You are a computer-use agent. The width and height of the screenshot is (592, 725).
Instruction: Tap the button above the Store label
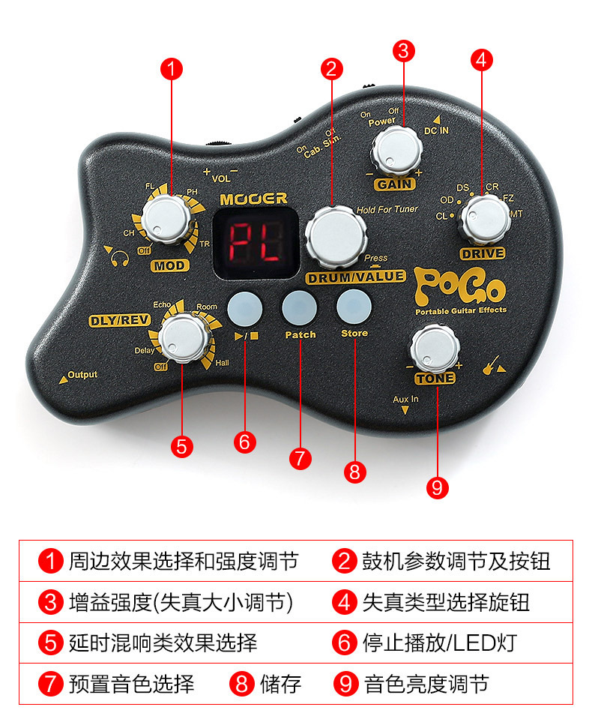point(354,306)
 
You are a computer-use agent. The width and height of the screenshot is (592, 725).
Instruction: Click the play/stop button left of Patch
point(245,306)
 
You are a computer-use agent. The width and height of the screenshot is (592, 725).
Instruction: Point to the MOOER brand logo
point(253,199)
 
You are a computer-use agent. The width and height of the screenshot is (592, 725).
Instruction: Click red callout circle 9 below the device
point(437,487)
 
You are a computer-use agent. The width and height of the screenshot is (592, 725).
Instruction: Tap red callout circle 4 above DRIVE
point(482,58)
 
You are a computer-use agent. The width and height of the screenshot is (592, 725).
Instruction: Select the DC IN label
point(438,129)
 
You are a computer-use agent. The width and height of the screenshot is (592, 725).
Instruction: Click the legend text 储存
point(280,683)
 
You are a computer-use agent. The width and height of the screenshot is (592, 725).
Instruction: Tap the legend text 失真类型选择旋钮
point(446,602)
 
